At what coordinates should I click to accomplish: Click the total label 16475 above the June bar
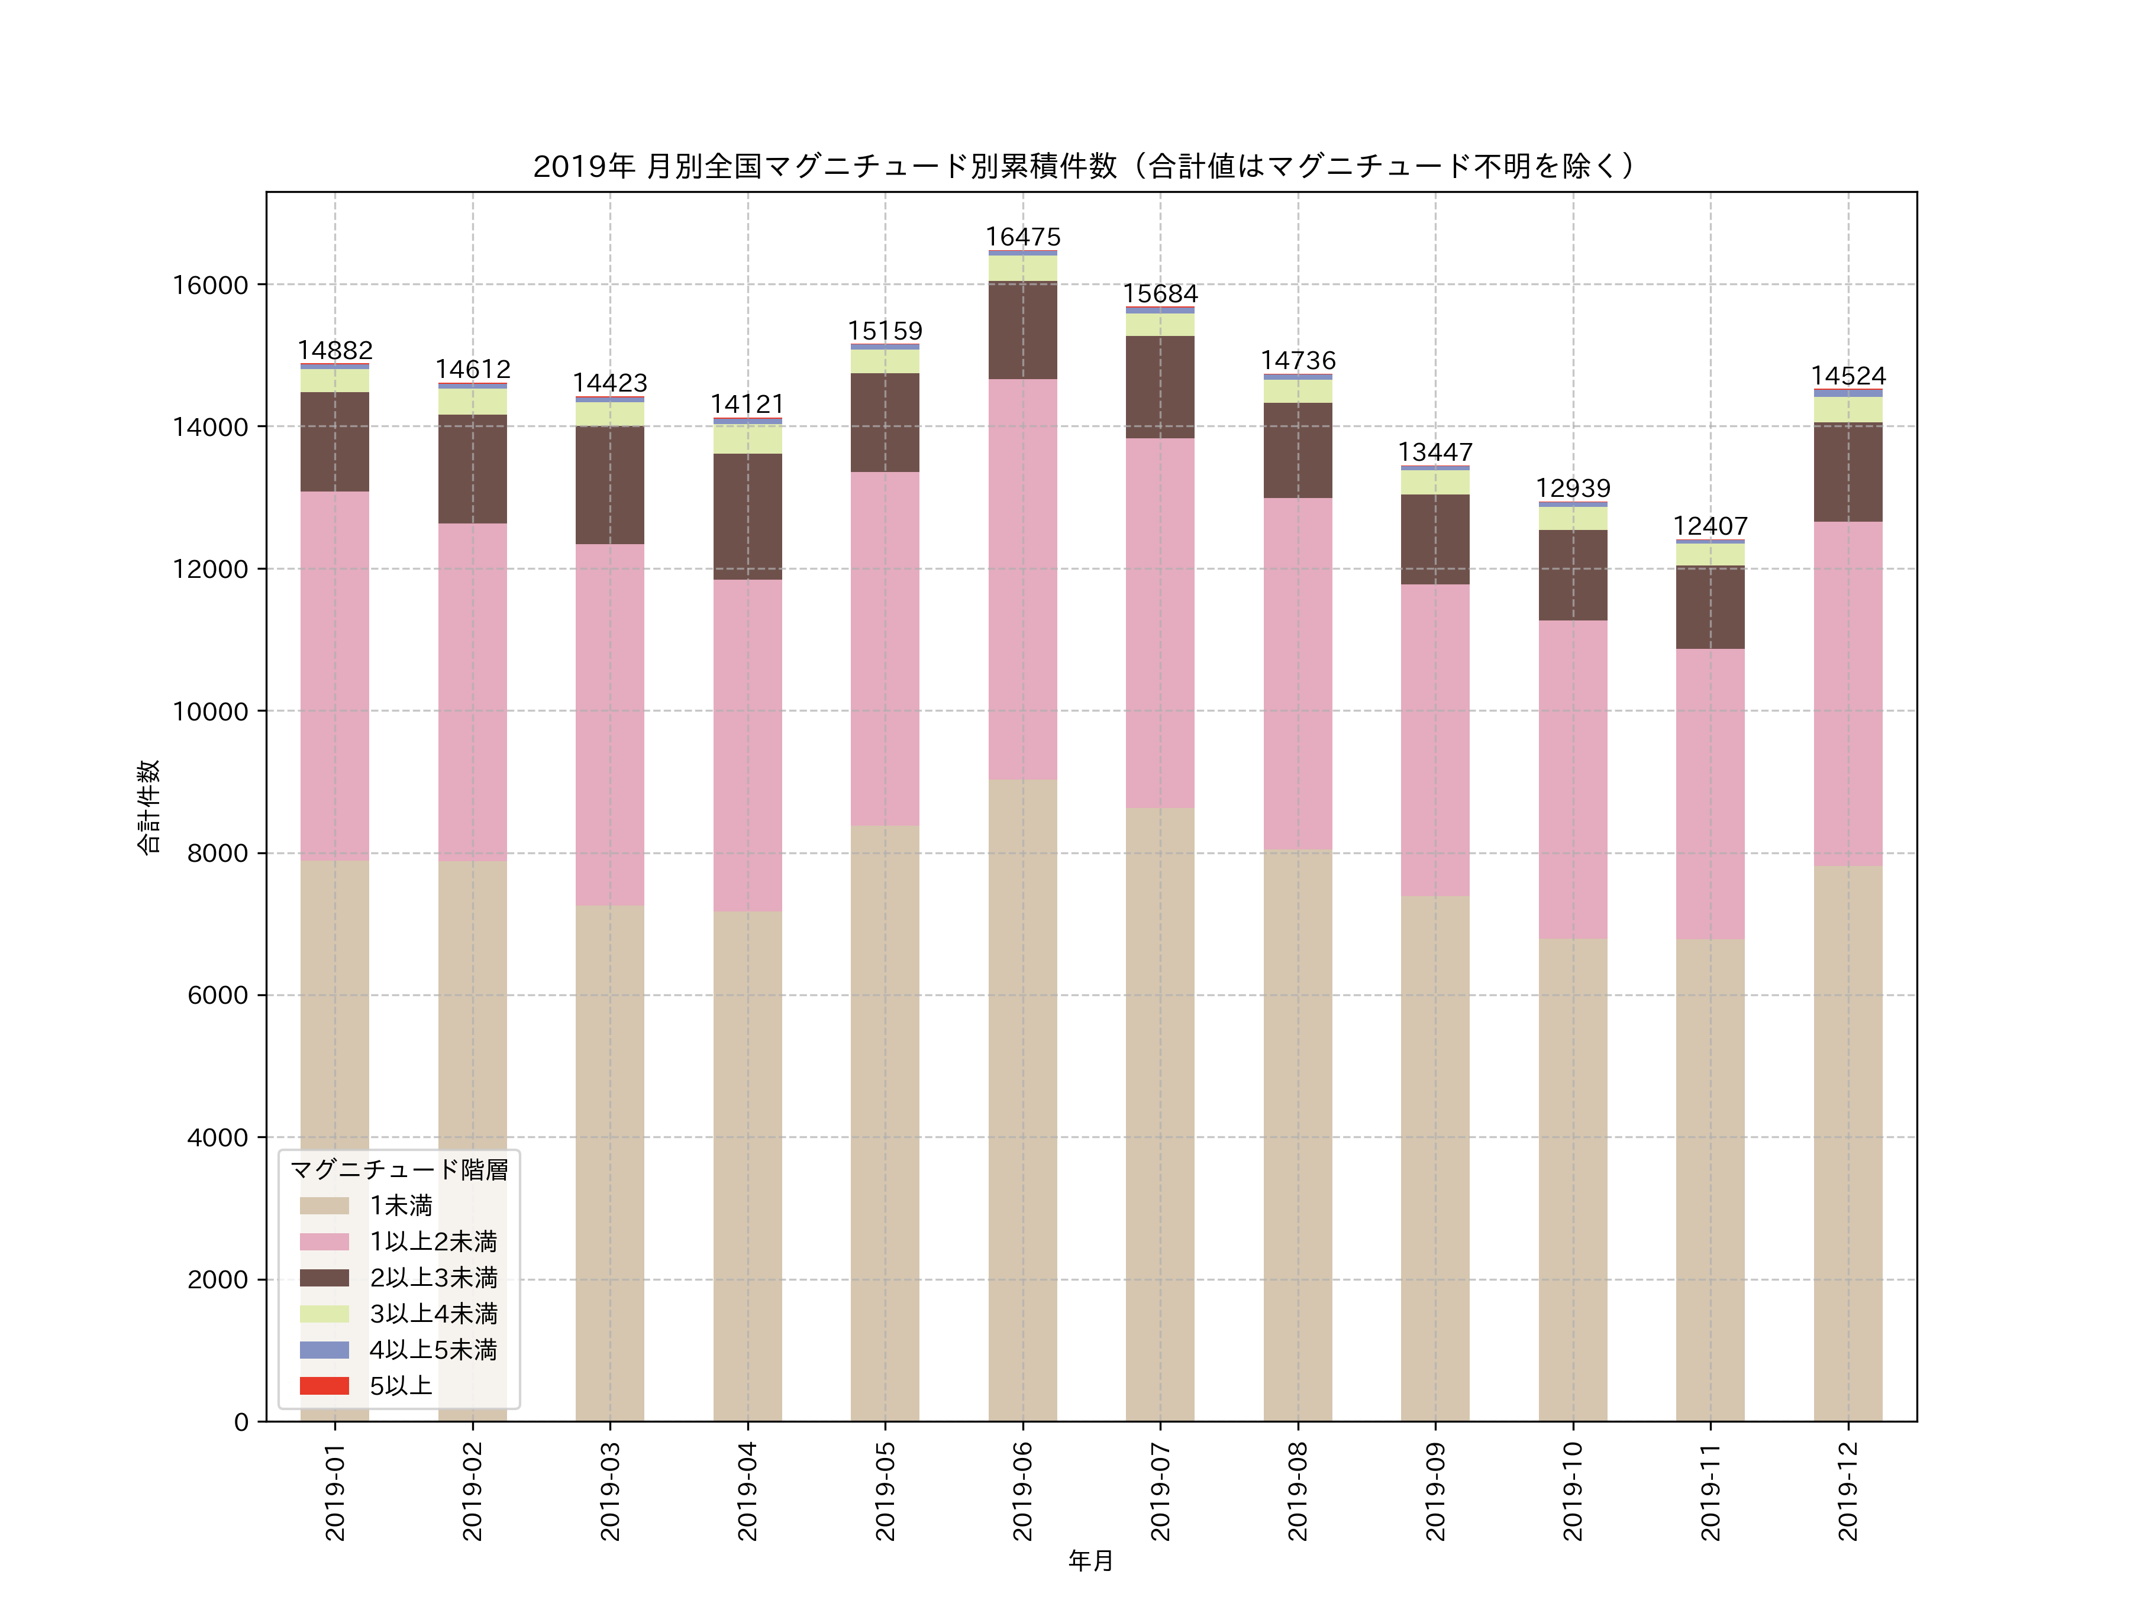[1022, 237]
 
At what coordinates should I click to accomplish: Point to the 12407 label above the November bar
[1710, 526]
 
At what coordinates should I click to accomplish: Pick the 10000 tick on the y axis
[210, 712]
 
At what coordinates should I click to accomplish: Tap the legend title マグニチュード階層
[399, 1169]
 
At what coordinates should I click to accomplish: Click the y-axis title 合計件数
[147, 807]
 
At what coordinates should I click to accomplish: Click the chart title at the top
[1083, 167]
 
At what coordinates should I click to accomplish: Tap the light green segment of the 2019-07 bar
[1160, 324]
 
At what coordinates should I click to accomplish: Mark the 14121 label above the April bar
[747, 405]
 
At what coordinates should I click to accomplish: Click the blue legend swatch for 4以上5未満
[324, 1350]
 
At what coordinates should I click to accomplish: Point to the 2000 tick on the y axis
[218, 1279]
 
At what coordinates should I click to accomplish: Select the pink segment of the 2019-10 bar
[1573, 780]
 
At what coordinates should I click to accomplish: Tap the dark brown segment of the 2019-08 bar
[1298, 451]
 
